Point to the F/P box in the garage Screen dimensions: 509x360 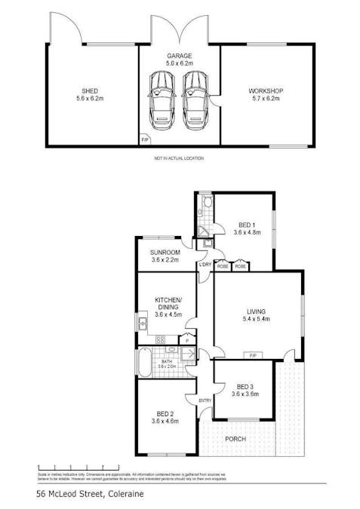(145, 140)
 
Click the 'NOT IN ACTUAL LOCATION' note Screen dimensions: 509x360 (179, 158)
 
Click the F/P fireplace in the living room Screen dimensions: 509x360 (253, 355)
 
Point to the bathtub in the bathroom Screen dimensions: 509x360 (143, 362)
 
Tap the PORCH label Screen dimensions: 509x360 (235, 438)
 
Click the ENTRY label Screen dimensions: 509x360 (205, 400)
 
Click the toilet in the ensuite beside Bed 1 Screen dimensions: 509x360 (207, 203)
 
